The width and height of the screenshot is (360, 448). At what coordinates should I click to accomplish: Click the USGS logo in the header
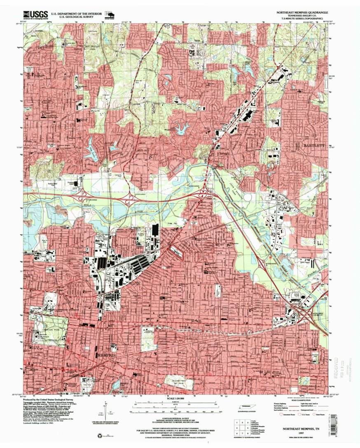pyautogui.click(x=35, y=15)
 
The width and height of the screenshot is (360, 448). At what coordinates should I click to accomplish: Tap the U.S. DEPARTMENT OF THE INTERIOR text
pyautogui.click(x=76, y=13)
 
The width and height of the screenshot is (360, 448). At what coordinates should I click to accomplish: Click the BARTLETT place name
pyautogui.click(x=314, y=146)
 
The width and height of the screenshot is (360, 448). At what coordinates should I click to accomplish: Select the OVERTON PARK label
pyautogui.click(x=48, y=328)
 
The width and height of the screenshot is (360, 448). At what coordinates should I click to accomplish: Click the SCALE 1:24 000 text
pyautogui.click(x=176, y=399)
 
